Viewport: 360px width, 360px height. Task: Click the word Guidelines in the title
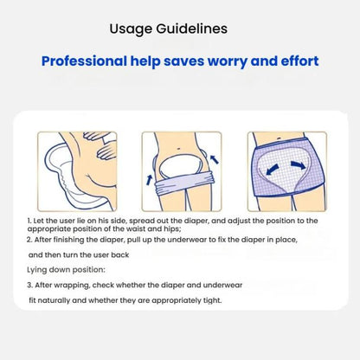pyautogui.click(x=194, y=29)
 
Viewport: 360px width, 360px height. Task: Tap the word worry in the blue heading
pyautogui.click(x=238, y=61)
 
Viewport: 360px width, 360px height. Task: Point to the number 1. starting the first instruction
pyautogui.click(x=30, y=222)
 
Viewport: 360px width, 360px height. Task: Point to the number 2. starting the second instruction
pyautogui.click(x=30, y=240)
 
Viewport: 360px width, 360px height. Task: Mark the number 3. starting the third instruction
pyautogui.click(x=30, y=285)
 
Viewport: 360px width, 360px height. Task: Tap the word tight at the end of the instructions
pyautogui.click(x=208, y=300)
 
